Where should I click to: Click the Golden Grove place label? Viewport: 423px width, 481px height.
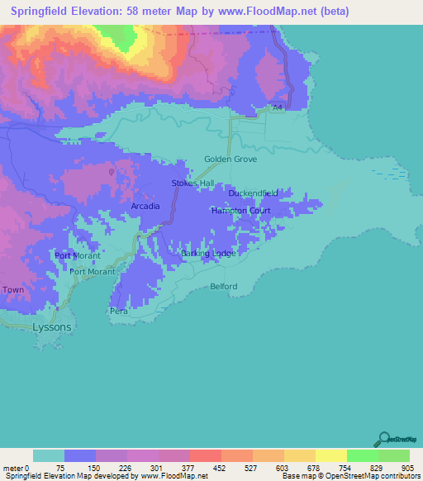click(x=231, y=159)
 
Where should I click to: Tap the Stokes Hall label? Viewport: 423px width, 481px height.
click(x=192, y=183)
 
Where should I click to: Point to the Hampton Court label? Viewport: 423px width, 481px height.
click(x=240, y=211)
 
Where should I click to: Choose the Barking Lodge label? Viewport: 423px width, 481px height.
click(x=207, y=253)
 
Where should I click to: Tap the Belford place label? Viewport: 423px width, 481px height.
click(x=223, y=287)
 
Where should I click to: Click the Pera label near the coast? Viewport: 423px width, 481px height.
click(x=119, y=312)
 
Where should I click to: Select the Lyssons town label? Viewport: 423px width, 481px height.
click(x=51, y=327)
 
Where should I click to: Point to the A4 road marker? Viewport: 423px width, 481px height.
click(x=278, y=107)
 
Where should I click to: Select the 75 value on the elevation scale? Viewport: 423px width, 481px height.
click(x=60, y=468)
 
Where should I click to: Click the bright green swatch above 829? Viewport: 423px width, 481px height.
click(x=362, y=455)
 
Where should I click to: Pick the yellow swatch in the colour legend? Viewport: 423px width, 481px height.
click(x=330, y=455)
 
